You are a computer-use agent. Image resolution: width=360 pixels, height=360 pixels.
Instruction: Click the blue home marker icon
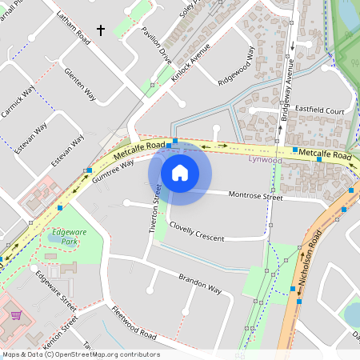coord(180,172)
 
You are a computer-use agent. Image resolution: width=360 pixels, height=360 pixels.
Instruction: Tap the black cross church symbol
coord(101,30)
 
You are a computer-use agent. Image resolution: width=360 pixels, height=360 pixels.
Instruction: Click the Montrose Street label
coord(256,195)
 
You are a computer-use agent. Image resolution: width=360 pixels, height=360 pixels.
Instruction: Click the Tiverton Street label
coord(157,208)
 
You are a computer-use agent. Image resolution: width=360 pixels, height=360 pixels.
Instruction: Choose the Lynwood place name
coord(265,159)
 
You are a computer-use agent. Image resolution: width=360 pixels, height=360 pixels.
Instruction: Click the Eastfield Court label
coord(318,110)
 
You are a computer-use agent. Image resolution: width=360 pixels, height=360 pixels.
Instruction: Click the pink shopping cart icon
coord(15,315)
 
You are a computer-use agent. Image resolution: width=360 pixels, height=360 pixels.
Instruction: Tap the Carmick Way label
coord(18,104)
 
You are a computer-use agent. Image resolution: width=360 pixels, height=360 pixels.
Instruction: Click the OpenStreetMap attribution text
coord(80,354)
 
